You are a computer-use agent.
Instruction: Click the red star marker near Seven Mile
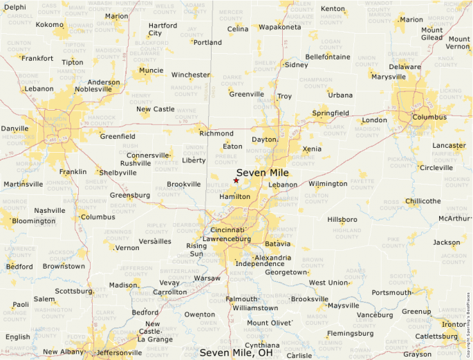tap(236, 180)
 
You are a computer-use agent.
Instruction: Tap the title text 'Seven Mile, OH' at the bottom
tap(236, 352)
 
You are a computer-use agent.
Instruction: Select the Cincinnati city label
tap(228, 229)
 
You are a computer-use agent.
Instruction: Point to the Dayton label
tap(264, 140)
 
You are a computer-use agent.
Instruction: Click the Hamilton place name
tap(234, 197)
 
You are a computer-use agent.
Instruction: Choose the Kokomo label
tap(49, 25)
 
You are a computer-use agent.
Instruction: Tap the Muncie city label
tap(151, 70)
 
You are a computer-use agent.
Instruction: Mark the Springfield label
tap(331, 113)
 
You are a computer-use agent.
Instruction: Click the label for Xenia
tap(312, 149)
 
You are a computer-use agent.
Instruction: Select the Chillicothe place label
tap(423, 201)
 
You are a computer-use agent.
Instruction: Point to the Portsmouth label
tap(391, 292)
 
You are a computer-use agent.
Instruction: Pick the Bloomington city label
tap(34, 221)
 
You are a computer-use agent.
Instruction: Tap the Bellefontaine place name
tap(329, 56)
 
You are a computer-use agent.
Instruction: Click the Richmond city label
tap(216, 133)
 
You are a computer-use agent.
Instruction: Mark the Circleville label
tap(436, 168)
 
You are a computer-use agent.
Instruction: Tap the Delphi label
tap(15, 7)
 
